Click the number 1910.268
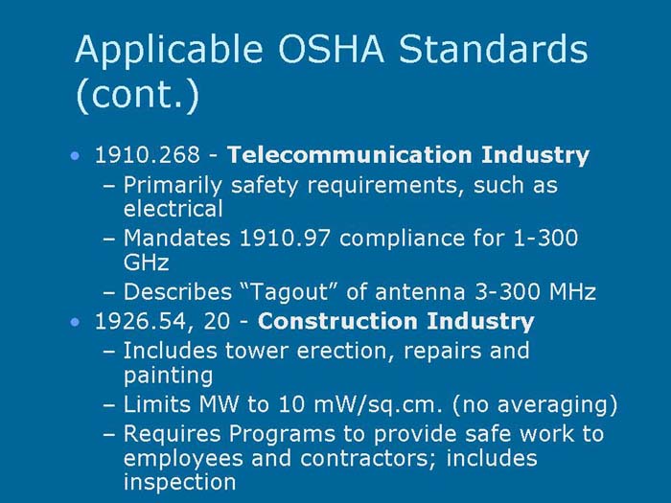coord(142,154)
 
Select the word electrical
coord(174,208)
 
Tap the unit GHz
coord(147,262)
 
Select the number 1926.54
coord(136,321)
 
